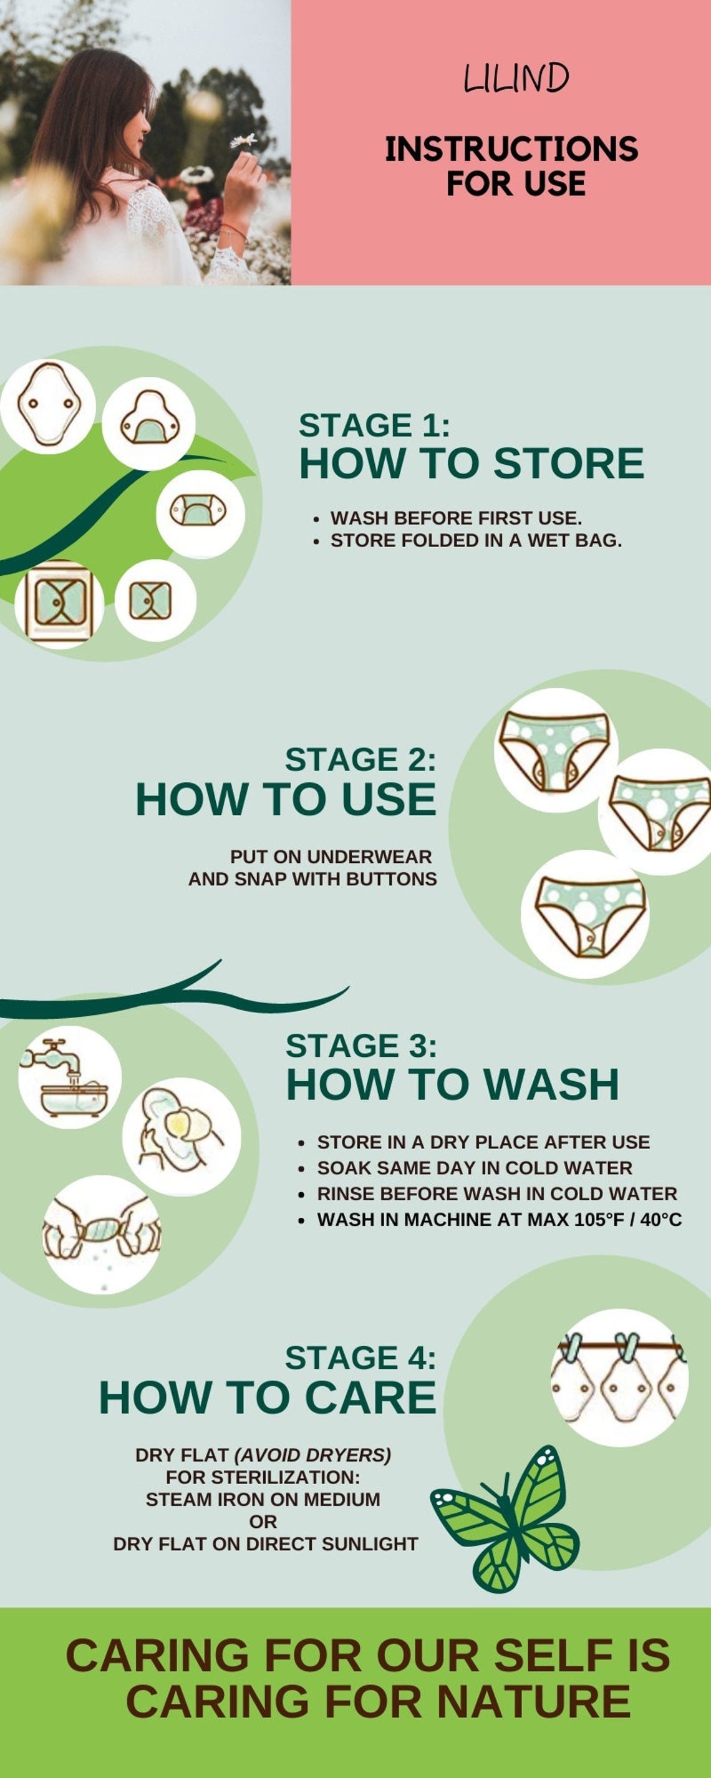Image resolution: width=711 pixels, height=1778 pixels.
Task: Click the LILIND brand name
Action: coord(516,78)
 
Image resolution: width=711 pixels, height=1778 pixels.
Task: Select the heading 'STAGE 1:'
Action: coord(374,425)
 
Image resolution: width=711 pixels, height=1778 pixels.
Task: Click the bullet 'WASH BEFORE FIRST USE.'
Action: coord(455,518)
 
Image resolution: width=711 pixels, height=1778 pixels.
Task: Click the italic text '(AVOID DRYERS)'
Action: coord(312,1455)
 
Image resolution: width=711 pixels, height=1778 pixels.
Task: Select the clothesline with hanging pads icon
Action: coord(619,1377)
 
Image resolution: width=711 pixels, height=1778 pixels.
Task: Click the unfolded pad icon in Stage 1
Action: coord(47,407)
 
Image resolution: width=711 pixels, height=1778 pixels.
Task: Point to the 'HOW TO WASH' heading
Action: coord(452,1084)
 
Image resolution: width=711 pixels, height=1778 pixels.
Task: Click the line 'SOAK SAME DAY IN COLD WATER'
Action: coord(474,1168)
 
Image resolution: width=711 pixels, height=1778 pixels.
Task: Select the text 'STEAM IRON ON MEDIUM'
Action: coord(263,1499)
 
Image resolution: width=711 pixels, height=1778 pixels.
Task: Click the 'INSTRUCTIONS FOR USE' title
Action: coord(511,166)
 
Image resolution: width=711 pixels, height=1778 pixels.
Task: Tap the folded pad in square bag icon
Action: coord(59,602)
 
